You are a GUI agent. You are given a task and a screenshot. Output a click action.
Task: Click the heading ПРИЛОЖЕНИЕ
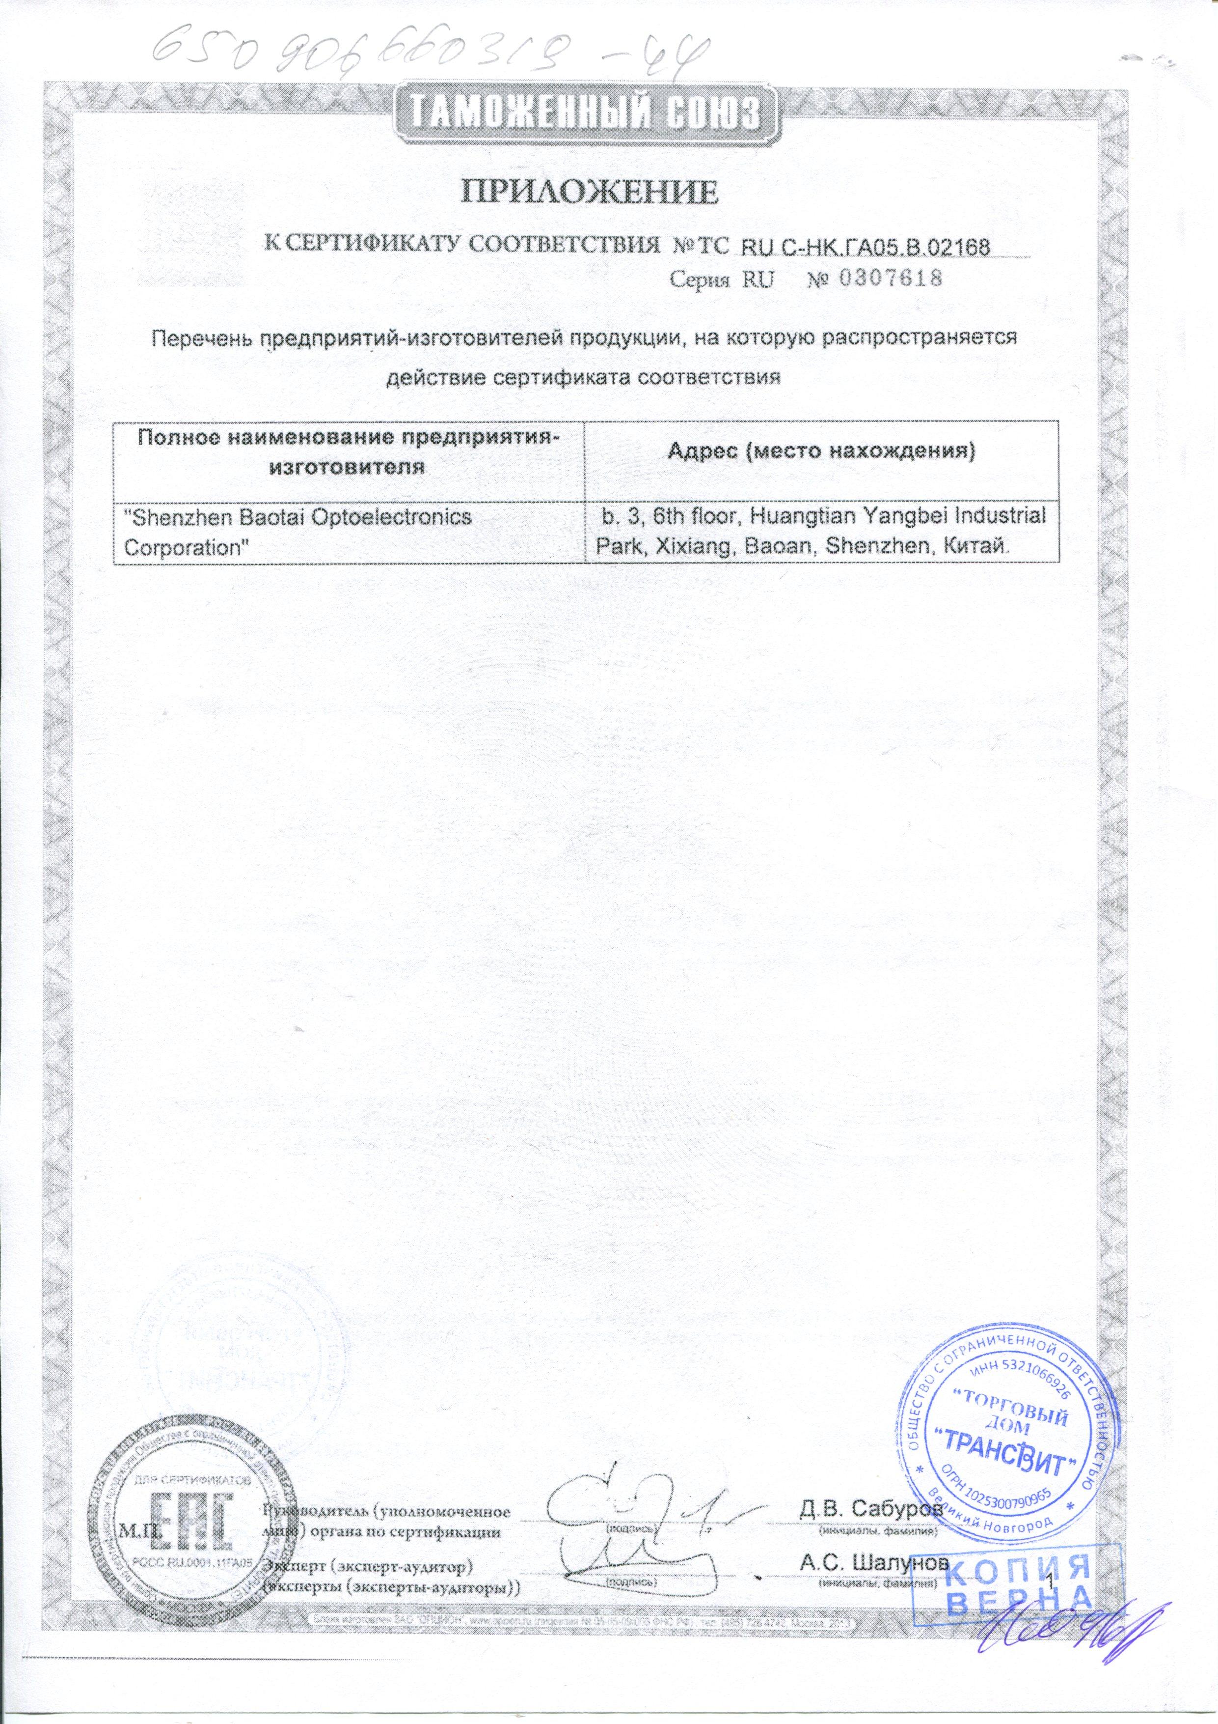[589, 192]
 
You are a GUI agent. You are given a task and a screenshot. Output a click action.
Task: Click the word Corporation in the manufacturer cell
[186, 547]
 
